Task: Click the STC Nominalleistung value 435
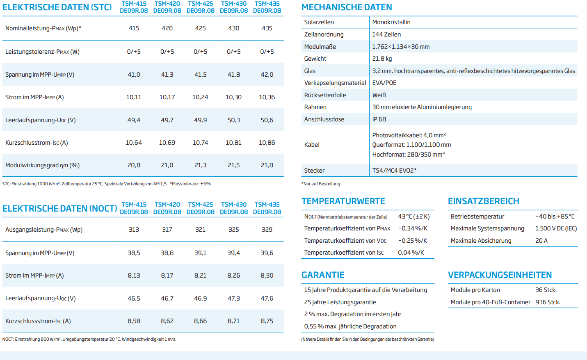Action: pos(267,28)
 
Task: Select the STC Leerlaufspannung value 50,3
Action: pos(233,120)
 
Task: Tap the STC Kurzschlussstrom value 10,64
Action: pos(134,143)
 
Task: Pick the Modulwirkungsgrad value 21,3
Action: pos(200,165)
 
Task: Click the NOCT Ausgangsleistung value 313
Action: pos(134,230)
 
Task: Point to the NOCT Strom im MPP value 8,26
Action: pos(233,276)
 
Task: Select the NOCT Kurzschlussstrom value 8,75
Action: pos(267,321)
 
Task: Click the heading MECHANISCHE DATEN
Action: pos(347,7)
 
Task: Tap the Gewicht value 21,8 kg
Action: pos(382,59)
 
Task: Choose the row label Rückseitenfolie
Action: pos(325,95)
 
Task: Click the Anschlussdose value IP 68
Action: pos(379,119)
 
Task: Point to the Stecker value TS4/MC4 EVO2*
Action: pos(394,171)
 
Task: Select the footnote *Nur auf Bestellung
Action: pos(320,184)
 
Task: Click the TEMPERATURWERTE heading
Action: pos(343,201)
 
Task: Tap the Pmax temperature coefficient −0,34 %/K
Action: pos(413,228)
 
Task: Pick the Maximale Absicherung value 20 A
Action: pos(541,241)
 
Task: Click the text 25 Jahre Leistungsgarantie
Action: pos(340,302)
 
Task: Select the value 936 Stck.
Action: pos(548,302)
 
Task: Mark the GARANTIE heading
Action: pos(323,275)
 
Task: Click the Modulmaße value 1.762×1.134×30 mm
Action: pos(401,47)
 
